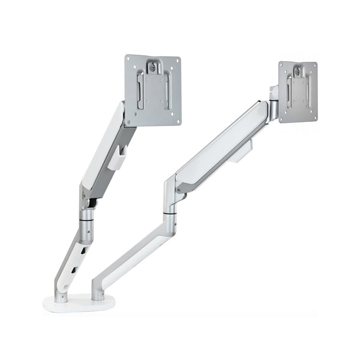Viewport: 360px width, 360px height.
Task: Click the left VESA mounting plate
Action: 152,90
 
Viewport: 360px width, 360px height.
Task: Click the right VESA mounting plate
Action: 298,92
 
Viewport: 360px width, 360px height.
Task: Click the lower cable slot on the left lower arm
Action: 71,271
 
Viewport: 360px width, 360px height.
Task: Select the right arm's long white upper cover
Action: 222,144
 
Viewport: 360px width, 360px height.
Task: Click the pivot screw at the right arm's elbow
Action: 178,188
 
